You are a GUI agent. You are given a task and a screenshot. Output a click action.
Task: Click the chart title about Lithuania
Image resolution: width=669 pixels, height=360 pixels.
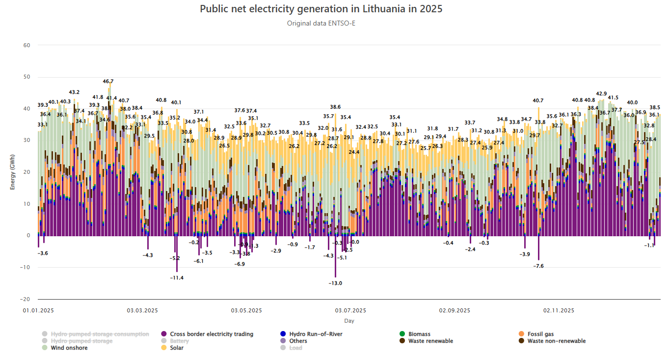pos(321,9)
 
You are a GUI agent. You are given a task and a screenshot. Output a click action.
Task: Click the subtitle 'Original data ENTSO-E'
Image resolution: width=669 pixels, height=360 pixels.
pos(321,23)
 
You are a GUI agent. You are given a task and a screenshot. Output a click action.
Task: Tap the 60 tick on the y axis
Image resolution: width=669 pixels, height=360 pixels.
pos(27,45)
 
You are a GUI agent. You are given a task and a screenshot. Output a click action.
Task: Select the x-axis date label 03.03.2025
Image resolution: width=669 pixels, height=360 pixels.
pos(142,310)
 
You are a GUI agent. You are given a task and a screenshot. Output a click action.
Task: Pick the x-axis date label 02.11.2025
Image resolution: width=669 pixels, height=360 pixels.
pos(559,310)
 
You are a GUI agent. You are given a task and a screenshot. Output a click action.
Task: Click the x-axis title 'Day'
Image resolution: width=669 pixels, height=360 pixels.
pos(349,321)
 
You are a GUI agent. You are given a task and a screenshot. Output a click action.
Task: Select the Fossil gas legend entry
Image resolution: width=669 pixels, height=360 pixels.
pos(540,334)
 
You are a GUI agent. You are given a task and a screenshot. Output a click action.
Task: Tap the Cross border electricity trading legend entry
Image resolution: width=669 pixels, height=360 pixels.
pos(212,334)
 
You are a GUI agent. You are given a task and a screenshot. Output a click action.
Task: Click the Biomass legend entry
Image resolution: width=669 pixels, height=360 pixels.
pos(419,334)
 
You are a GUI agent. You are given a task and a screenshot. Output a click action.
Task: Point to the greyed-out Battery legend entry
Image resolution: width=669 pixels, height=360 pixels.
pos(179,341)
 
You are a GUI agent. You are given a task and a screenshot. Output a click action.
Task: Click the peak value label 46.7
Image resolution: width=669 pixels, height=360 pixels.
pos(108,82)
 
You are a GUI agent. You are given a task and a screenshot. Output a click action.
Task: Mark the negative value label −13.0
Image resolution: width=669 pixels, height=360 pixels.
pos(336,283)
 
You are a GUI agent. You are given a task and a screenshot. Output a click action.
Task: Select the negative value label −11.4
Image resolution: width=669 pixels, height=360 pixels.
pos(177,278)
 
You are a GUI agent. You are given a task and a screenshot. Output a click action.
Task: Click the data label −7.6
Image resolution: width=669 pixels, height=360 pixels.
pos(538,266)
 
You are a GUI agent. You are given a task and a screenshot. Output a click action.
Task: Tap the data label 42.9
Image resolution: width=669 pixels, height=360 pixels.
pos(601,94)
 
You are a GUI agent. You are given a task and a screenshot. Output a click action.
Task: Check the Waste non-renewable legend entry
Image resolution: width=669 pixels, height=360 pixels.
pos(556,341)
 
